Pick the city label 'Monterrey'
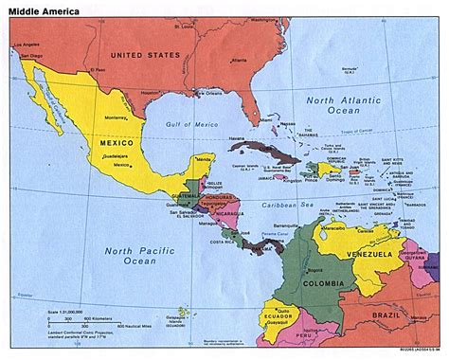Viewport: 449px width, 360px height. tap(117, 117)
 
